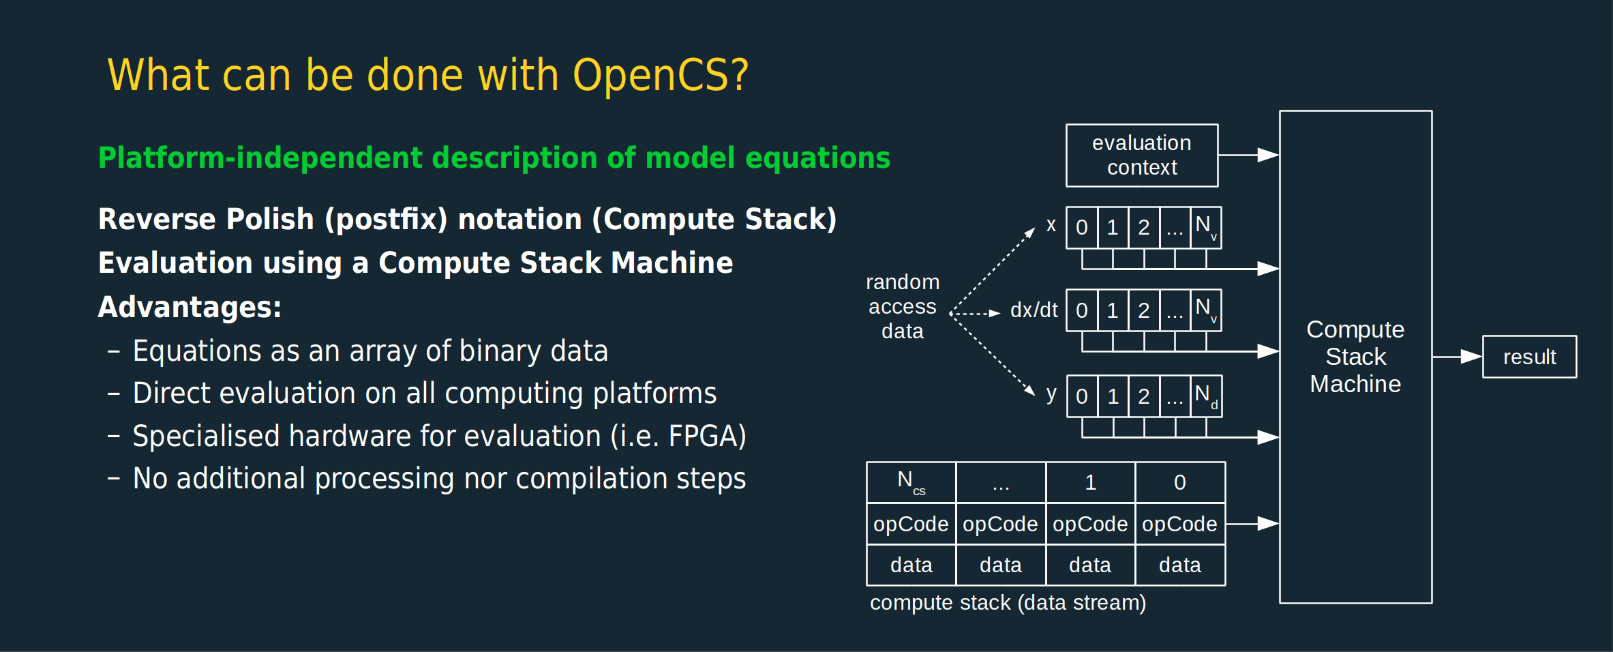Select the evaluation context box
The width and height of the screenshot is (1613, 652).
click(1142, 155)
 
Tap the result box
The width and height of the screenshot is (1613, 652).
click(1529, 357)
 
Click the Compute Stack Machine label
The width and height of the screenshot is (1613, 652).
click(1355, 357)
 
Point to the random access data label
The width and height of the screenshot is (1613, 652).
click(903, 306)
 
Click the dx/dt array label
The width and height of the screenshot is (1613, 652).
click(1034, 310)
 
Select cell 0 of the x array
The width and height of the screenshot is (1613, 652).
click(1082, 228)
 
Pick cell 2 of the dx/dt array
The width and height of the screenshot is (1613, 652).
click(1144, 310)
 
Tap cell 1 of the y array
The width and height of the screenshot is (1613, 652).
click(1113, 396)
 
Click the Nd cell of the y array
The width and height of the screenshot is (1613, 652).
click(1206, 396)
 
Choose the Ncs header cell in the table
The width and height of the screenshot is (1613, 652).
click(911, 482)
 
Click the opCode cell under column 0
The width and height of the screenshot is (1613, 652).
click(1180, 524)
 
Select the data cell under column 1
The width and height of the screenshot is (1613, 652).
click(1090, 565)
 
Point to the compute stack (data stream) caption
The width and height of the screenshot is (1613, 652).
click(1008, 603)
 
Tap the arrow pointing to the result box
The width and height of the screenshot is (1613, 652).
click(1458, 357)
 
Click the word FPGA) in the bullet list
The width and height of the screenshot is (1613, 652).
click(708, 436)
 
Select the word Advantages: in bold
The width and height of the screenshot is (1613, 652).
click(190, 307)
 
